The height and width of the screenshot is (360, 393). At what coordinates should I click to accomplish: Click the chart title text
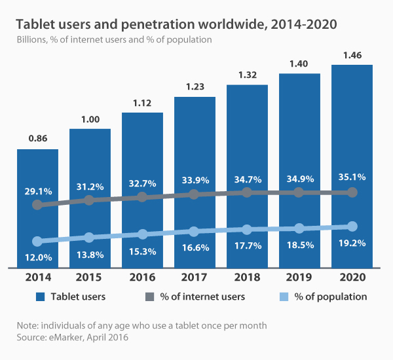tap(176, 25)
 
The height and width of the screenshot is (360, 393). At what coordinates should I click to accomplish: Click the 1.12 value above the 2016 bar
tap(142, 103)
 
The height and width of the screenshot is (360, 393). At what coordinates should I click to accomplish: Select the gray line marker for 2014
tap(37, 205)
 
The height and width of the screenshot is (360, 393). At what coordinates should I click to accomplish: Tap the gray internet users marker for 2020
tap(352, 192)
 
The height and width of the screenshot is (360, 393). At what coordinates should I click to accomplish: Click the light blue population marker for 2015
tap(90, 237)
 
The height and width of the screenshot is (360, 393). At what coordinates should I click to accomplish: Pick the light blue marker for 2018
tap(247, 229)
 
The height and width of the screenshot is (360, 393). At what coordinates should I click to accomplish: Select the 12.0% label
tap(37, 255)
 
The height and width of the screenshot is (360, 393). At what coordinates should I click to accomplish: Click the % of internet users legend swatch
tap(149, 297)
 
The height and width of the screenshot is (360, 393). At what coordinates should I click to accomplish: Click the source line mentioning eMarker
tap(68, 337)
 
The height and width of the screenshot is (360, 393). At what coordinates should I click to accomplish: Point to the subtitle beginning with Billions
tap(114, 40)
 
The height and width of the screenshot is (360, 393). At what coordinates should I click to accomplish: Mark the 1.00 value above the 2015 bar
tap(90, 120)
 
